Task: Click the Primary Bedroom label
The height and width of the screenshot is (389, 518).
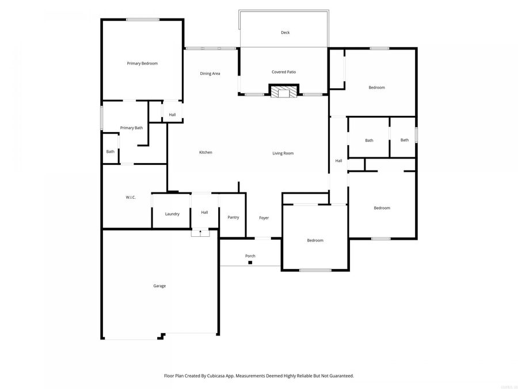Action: click(142, 63)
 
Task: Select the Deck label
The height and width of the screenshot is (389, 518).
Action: click(285, 33)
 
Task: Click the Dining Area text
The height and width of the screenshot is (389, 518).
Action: click(210, 74)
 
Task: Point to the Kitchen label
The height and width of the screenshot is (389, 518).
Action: click(205, 153)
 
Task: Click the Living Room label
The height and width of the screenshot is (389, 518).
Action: click(283, 153)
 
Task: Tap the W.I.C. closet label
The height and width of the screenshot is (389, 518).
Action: click(131, 198)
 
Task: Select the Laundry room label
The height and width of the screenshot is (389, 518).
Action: click(172, 214)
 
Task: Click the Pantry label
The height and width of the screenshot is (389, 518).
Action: click(233, 217)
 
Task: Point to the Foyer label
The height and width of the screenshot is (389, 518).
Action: click(264, 218)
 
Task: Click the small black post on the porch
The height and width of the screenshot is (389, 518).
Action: click(250, 263)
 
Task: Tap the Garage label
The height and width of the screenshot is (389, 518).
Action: click(159, 286)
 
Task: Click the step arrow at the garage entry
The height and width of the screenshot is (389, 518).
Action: click(200, 233)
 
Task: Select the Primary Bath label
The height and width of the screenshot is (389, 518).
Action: click(131, 128)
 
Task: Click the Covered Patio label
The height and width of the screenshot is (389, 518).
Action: click(284, 72)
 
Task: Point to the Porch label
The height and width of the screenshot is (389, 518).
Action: click(250, 256)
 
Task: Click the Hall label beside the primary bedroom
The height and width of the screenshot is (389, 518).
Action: click(172, 115)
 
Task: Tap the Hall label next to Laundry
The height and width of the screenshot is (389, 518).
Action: click(204, 213)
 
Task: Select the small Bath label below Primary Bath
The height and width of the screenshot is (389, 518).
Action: click(110, 152)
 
